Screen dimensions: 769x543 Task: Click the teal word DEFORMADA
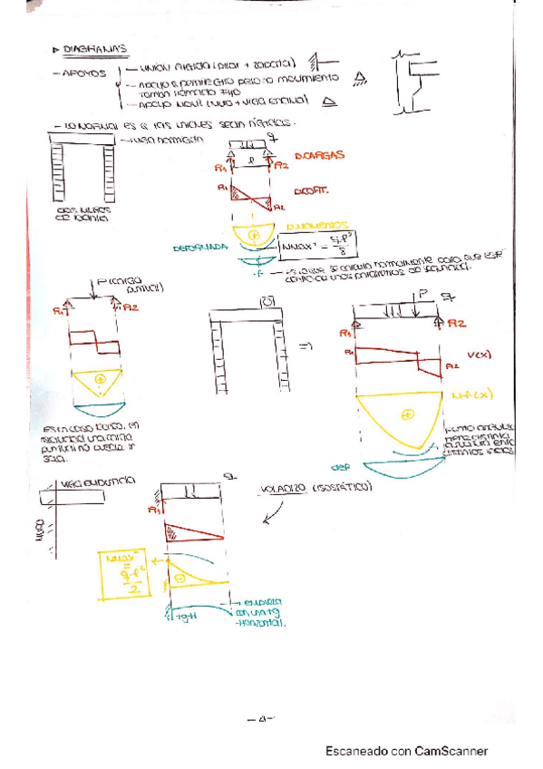[x=199, y=246]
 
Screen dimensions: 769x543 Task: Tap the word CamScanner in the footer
[x=451, y=751]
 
